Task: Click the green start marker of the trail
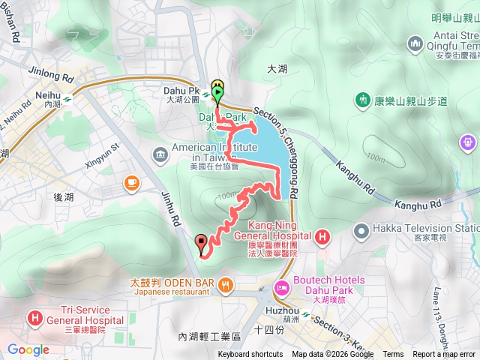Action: (217, 94)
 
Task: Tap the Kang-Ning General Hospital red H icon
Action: (322, 238)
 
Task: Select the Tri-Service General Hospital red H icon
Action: (34, 318)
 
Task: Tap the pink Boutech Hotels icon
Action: (283, 287)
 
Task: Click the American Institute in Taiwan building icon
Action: (160, 154)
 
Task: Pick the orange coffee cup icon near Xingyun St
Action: (132, 182)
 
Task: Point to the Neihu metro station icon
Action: (67, 95)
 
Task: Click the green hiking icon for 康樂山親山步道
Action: (363, 100)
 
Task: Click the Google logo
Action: (28, 349)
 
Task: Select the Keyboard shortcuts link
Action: (250, 355)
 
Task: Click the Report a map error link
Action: (444, 355)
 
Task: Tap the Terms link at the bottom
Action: (393, 355)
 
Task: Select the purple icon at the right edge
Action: (470, 140)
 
